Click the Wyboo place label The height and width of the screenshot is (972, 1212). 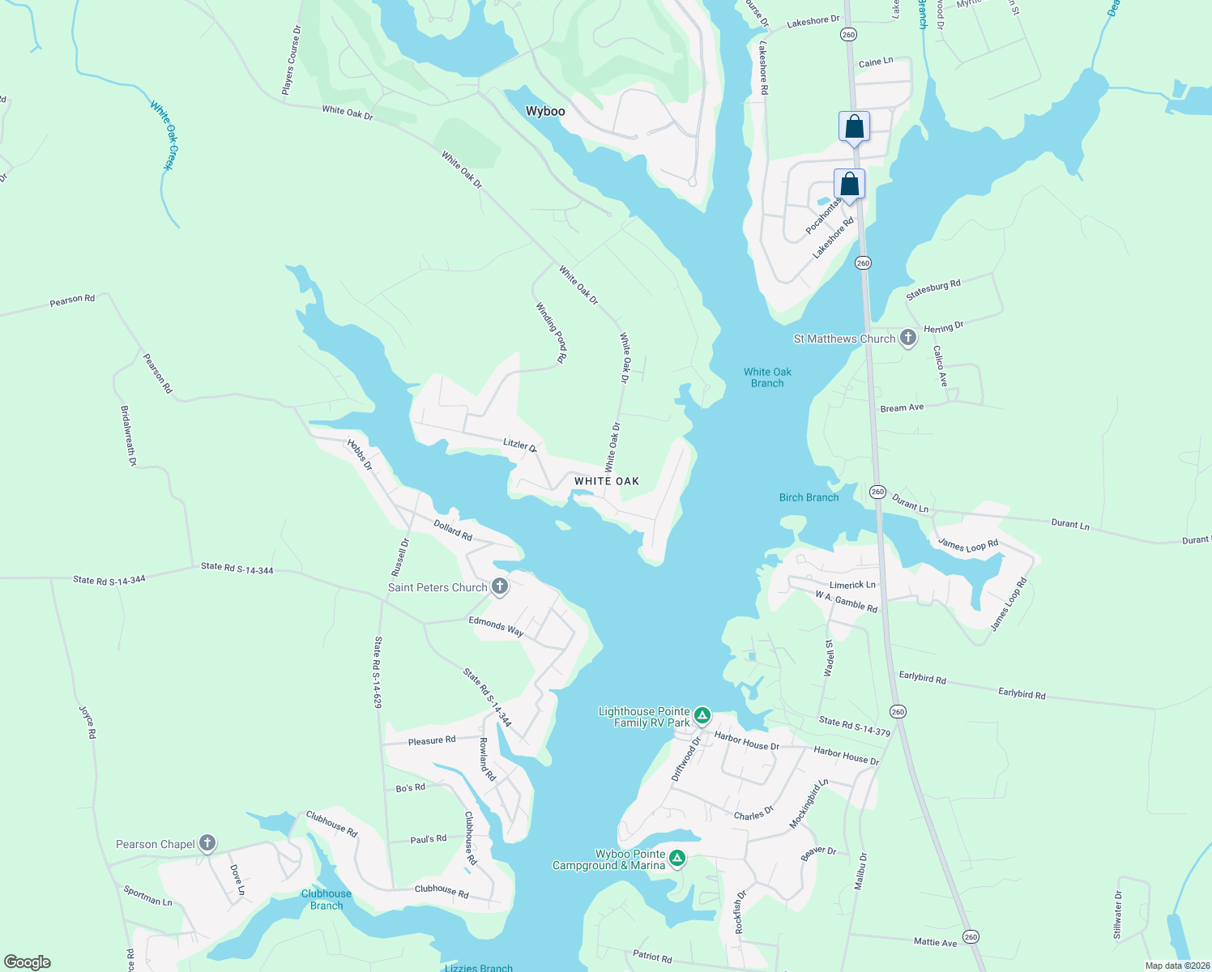pyautogui.click(x=545, y=111)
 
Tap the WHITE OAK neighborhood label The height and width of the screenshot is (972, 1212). pyautogui.click(x=607, y=481)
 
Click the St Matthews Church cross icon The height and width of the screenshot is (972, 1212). pyautogui.click(x=908, y=338)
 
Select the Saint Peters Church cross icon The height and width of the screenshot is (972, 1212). pyautogui.click(x=500, y=586)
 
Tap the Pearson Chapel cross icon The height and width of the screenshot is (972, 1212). pyautogui.click(x=207, y=843)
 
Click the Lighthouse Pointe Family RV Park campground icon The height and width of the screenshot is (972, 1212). pyautogui.click(x=702, y=716)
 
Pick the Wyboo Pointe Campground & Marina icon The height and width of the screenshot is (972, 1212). pyautogui.click(x=677, y=859)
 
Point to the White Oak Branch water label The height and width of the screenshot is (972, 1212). pyautogui.click(x=767, y=377)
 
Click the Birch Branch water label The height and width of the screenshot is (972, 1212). pyautogui.click(x=809, y=497)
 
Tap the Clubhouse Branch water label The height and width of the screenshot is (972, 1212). pyautogui.click(x=326, y=899)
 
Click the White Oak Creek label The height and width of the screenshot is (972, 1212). pyautogui.click(x=163, y=134)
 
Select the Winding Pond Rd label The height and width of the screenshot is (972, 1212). pyautogui.click(x=551, y=331)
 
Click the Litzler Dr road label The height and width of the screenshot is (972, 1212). pyautogui.click(x=520, y=445)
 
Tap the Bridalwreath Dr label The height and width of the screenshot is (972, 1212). pyautogui.click(x=128, y=436)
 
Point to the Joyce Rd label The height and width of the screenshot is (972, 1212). pyautogui.click(x=87, y=722)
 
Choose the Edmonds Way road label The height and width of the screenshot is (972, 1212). pyautogui.click(x=496, y=625)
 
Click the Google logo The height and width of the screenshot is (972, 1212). pyautogui.click(x=28, y=962)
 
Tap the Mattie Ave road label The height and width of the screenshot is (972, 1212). pyautogui.click(x=935, y=942)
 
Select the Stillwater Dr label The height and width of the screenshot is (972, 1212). pyautogui.click(x=1118, y=915)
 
